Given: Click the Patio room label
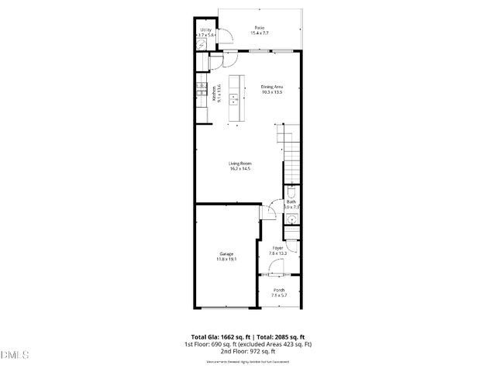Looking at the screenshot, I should tap(257, 28).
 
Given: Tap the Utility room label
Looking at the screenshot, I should tap(205, 29).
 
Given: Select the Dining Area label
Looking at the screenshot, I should tap(271, 86).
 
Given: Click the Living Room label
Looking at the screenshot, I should tap(240, 164).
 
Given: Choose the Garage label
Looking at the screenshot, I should tap(226, 253).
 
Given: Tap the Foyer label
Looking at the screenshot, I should tap(277, 248).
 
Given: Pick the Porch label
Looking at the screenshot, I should tap(278, 290).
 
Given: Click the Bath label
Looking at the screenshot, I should tap(291, 201).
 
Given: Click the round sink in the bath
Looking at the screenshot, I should tap(291, 220).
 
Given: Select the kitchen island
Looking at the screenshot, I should tap(234, 98).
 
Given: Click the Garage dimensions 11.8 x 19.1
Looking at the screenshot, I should tap(226, 259).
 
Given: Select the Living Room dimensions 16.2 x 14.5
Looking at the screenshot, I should tap(240, 169).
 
